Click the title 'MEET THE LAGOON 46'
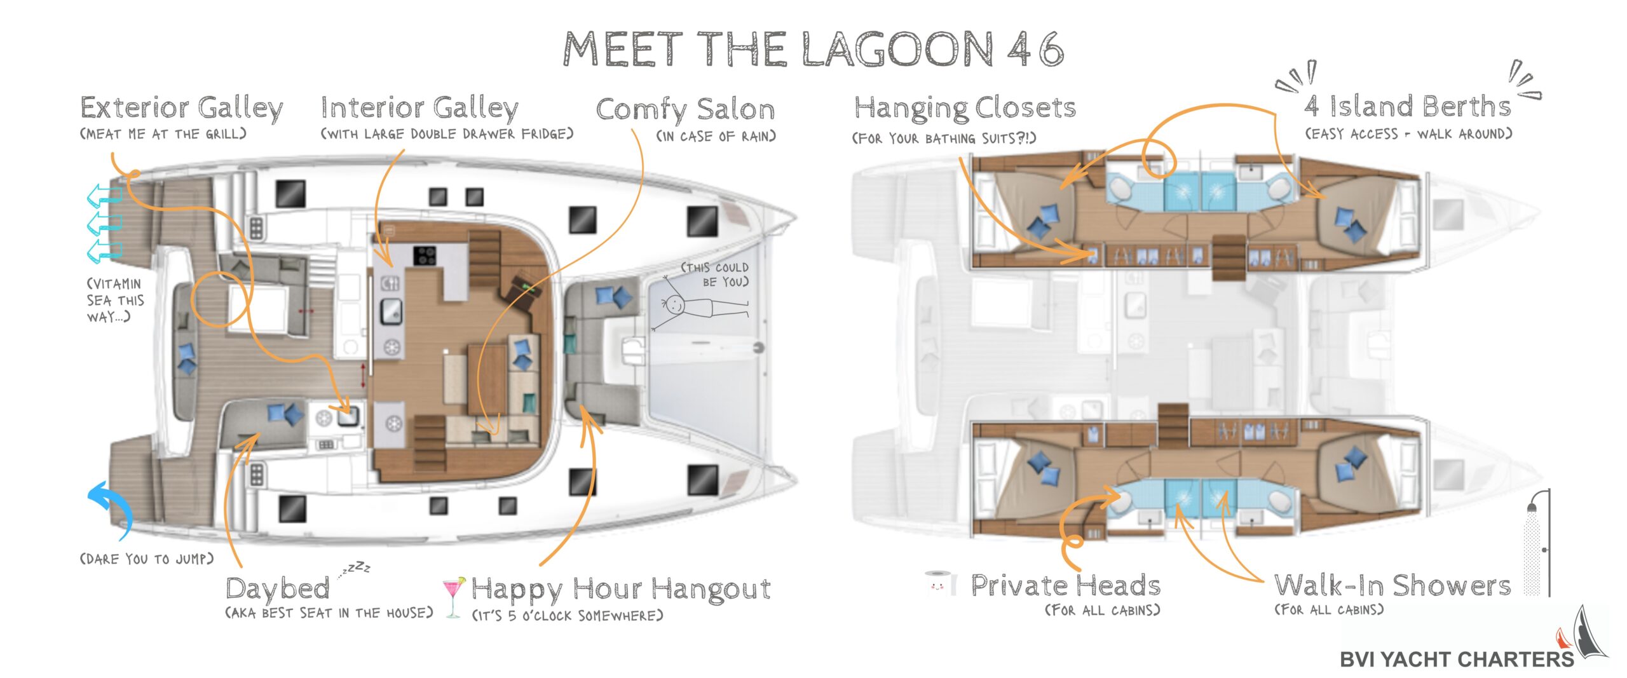813,49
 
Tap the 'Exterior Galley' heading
182,108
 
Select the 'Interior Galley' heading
419,108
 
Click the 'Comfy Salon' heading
685,109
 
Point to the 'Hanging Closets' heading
965,108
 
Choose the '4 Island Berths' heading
1408,106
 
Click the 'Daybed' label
278,589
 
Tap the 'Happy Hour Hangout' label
621,589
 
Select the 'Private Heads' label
1066,585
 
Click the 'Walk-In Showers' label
1392,585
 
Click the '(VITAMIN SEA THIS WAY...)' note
115,300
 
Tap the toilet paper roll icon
941,583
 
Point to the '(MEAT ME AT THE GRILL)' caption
163,134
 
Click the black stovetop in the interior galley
425,256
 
